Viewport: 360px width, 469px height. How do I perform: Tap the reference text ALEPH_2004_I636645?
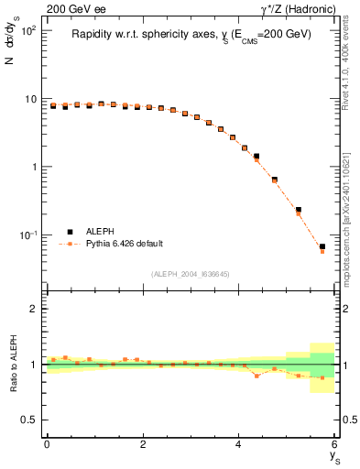click(190, 273)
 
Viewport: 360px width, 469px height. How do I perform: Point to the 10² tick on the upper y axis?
click(28, 31)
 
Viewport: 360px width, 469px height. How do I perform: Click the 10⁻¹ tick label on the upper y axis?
click(28, 235)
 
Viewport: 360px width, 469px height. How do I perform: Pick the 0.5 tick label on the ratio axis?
click(30, 420)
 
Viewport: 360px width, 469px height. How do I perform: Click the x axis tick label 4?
click(239, 445)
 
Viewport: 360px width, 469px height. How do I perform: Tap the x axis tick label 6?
click(334, 445)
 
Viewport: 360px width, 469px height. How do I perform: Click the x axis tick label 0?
click(47, 445)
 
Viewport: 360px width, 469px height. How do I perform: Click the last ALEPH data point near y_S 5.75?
click(322, 246)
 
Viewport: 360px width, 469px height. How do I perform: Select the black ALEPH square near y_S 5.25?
click(298, 210)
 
